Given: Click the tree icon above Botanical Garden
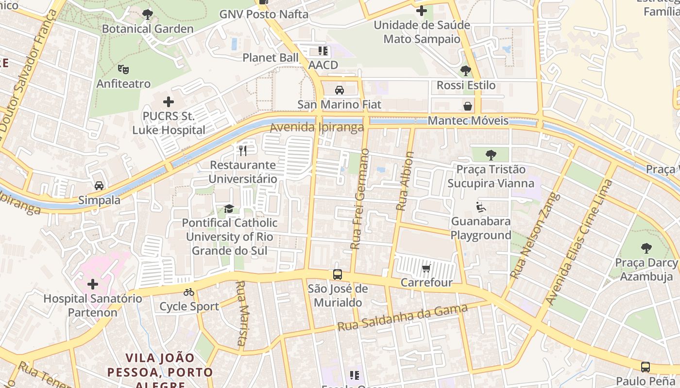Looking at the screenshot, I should click(148, 15).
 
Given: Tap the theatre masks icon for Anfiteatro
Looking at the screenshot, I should click(123, 70).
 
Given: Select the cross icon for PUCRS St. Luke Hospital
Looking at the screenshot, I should click(169, 102).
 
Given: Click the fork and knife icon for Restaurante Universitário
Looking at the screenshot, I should click(243, 151).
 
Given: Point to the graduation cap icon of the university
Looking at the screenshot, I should click(229, 209).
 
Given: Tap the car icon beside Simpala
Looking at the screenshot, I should click(99, 186).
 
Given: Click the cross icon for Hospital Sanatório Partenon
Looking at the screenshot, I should click(93, 284).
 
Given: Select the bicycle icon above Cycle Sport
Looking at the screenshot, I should click(189, 292).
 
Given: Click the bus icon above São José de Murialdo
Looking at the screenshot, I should click(338, 275).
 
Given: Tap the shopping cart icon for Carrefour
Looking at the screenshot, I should click(426, 268).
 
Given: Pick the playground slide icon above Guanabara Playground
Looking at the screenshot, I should click(481, 207).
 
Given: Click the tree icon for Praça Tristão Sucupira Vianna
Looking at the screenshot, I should click(491, 155).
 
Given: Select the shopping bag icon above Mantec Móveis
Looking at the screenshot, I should click(468, 106).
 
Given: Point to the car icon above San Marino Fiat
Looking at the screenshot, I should click(340, 90).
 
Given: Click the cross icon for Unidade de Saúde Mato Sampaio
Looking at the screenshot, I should click(422, 10).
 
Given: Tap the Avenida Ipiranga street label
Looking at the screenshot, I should click(317, 128).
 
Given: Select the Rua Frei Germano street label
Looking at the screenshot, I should click(360, 199).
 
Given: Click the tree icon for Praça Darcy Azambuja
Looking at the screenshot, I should click(646, 248).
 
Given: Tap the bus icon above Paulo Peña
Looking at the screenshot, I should click(646, 367).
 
